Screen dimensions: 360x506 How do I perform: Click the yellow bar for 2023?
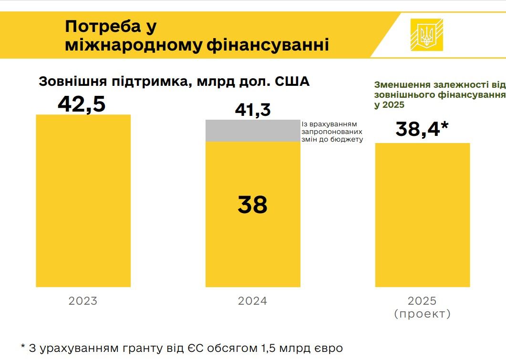pos(83,200)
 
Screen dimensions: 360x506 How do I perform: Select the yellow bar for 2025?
pos(423,215)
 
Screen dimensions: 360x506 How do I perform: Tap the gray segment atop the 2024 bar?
pos(253,131)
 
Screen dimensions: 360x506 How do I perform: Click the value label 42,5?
pos(82,104)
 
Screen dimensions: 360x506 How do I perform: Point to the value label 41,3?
pos(253,110)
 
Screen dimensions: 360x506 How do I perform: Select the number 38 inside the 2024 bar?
pos(253,205)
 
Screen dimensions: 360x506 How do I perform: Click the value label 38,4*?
pos(423,129)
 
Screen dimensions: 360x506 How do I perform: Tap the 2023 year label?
pos(83,301)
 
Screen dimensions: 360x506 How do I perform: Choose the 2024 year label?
pos(253,301)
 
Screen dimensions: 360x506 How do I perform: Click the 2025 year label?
pos(422,301)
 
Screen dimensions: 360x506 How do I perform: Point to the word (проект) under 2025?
pos(423,314)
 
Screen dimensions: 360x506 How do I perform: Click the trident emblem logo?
pos(426,34)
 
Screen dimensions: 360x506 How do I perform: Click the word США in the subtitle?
pos(292,82)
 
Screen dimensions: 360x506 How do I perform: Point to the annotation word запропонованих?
pos(329,132)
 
